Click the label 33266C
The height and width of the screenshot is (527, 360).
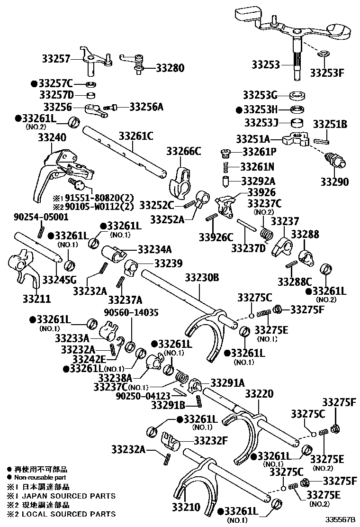[183, 151]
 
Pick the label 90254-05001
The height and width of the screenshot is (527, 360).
[40, 217]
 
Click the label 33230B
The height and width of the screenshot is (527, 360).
[202, 278]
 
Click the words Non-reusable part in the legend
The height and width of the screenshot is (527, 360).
[36, 478]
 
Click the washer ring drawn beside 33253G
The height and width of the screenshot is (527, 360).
[297, 94]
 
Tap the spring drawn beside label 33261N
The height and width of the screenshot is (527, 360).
[226, 167]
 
